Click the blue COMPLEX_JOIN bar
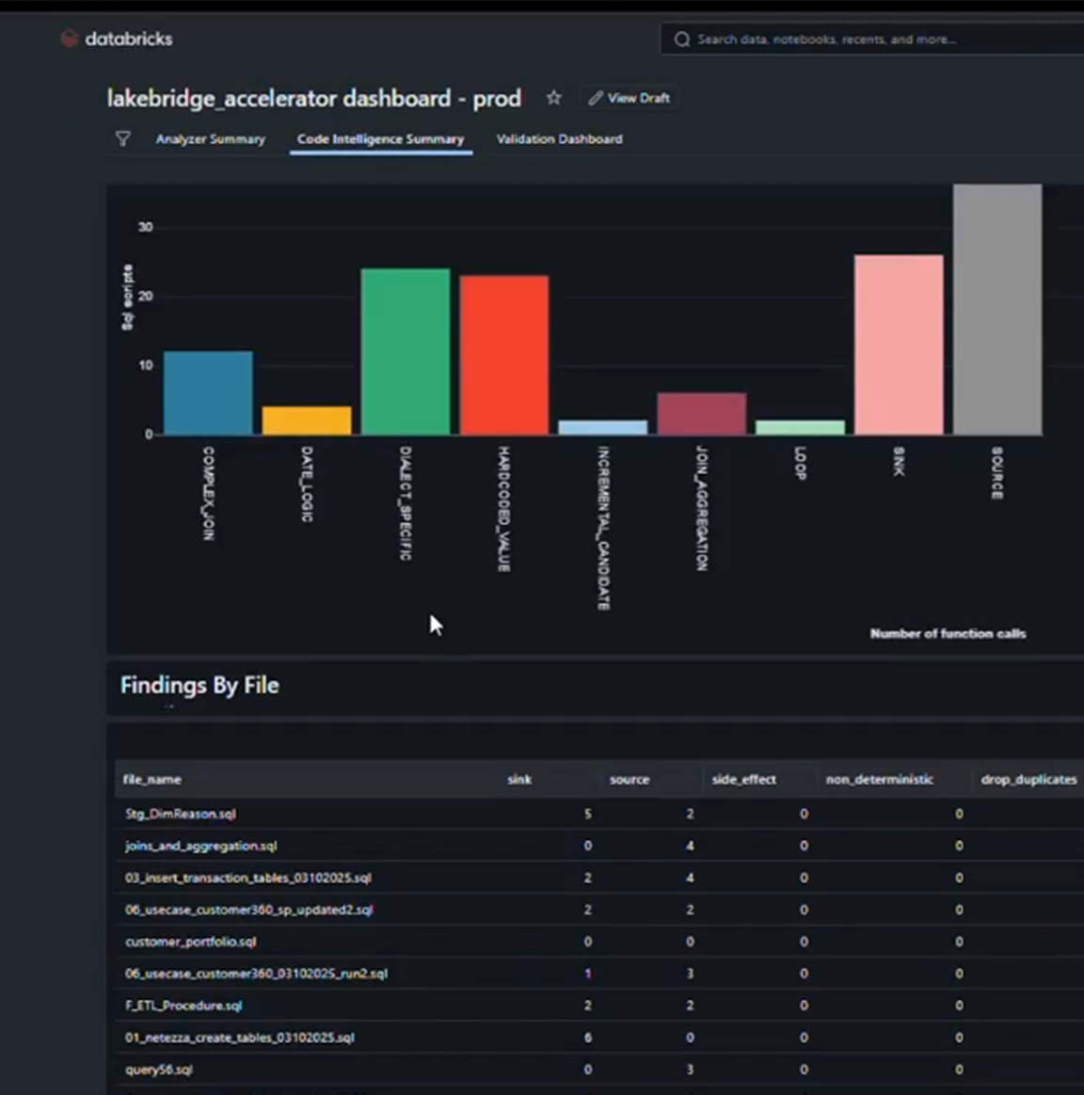[208, 393]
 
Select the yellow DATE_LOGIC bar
[307, 421]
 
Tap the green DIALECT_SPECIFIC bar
[406, 352]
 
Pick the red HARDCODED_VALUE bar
[504, 355]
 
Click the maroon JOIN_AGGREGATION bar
[702, 414]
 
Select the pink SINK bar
[899, 344]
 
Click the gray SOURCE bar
[997, 310]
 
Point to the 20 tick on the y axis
[145, 296]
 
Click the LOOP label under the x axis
[801, 463]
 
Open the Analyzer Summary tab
[210, 139]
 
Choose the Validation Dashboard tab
[559, 139]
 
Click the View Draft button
[630, 98]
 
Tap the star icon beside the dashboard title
[554, 98]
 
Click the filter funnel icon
[123, 139]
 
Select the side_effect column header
[743, 780]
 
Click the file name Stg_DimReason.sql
[181, 814]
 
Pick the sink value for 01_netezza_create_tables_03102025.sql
[588, 1038]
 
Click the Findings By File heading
[199, 686]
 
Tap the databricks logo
[117, 40]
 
